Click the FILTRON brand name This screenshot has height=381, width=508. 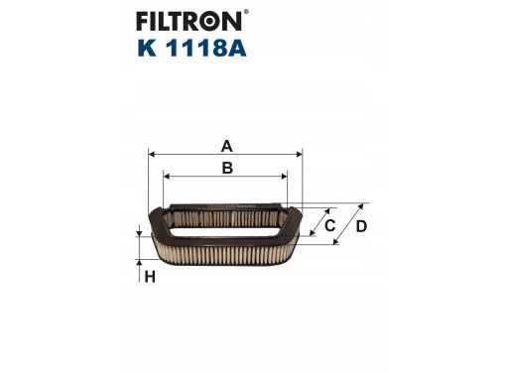[189, 21]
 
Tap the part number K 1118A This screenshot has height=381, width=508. [191, 49]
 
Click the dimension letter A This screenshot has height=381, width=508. [226, 146]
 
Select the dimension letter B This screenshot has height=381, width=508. [227, 168]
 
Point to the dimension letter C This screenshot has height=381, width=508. [329, 226]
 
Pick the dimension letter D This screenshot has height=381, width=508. [361, 226]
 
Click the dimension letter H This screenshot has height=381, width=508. [150, 277]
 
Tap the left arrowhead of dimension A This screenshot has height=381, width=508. [152, 154]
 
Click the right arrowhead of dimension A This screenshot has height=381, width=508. [299, 154]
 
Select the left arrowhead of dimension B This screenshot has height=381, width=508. [167, 177]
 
